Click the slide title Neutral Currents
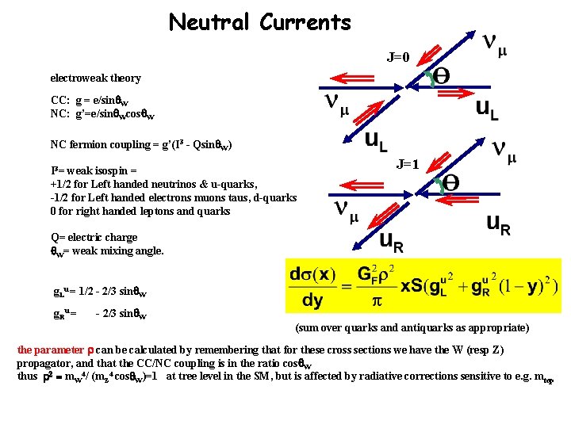click(x=259, y=22)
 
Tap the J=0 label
click(x=398, y=57)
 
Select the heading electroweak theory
click(x=95, y=78)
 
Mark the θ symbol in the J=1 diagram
click(x=450, y=182)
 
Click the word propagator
click(x=45, y=363)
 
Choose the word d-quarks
click(x=274, y=198)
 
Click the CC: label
click(x=59, y=101)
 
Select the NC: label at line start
click(x=59, y=114)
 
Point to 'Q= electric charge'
click(x=94, y=238)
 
